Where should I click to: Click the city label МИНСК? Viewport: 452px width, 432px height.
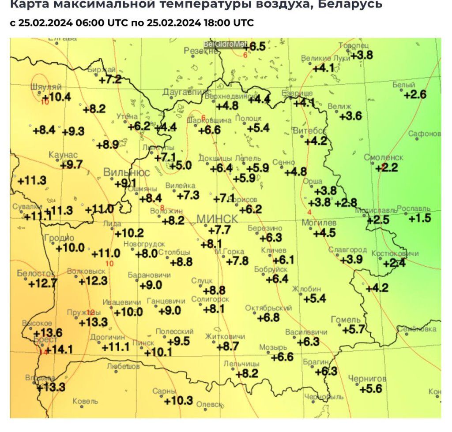point(217,219)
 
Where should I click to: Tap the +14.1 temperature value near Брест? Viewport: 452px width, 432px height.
point(59,350)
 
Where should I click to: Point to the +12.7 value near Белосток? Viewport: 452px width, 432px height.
point(43,283)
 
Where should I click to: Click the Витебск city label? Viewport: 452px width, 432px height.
point(309,131)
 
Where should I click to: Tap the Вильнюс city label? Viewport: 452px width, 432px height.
point(127,172)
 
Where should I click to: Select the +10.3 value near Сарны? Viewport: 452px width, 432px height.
point(178,401)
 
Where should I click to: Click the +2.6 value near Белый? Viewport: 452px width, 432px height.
point(415,94)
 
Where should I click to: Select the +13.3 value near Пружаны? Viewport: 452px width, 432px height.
point(93,322)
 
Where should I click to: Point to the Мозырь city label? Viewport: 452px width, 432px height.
point(273,347)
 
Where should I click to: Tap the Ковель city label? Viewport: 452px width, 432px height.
point(85,401)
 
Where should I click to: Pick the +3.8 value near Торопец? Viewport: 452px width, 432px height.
point(362,55)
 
